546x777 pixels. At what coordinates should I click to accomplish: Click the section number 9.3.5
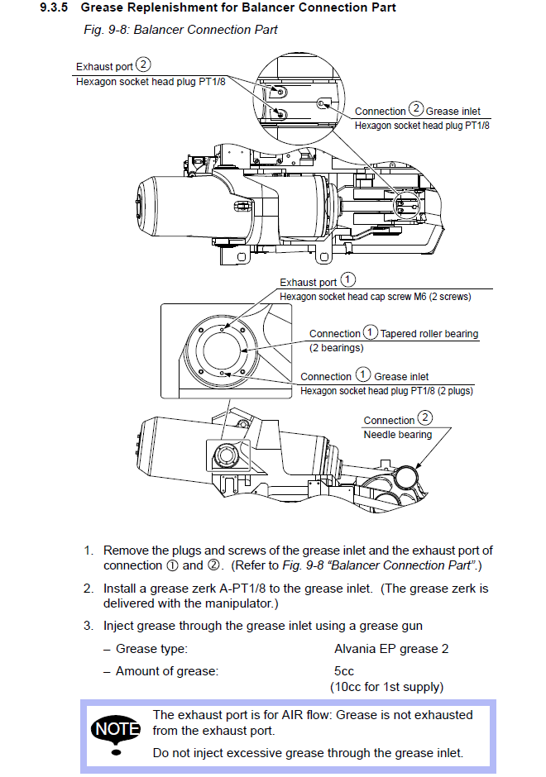[55, 8]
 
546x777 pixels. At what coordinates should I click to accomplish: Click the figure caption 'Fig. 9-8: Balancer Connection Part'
[180, 31]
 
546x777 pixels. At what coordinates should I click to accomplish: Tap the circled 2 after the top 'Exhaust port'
[144, 64]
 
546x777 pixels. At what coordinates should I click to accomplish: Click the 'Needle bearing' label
[397, 435]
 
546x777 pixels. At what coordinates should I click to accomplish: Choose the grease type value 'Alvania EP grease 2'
[391, 649]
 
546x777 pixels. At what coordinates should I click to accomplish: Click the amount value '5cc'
[345, 671]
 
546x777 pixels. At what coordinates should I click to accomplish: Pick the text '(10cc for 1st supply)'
[386, 687]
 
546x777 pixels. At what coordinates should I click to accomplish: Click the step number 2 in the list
[88, 589]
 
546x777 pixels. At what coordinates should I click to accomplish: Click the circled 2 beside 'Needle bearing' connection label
[425, 418]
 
